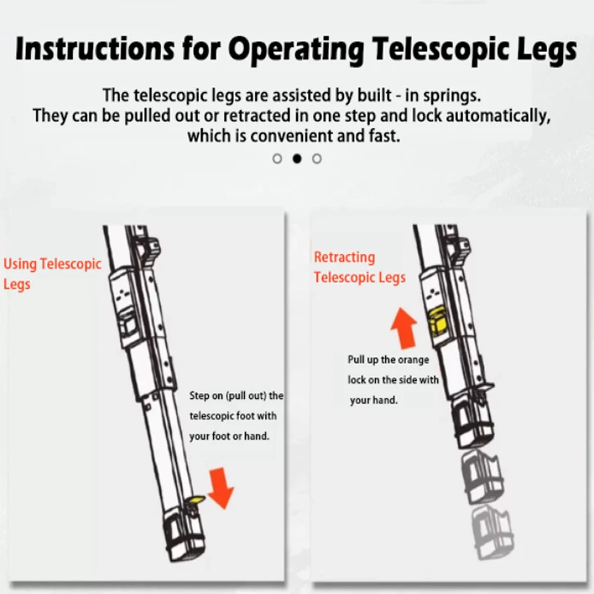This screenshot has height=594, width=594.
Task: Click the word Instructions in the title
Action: [x=95, y=49]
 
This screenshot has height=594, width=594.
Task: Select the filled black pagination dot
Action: [x=297, y=159]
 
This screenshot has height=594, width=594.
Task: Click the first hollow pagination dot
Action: [x=277, y=159]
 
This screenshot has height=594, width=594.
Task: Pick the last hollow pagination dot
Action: [x=317, y=159]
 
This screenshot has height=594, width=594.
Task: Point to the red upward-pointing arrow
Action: [x=404, y=328]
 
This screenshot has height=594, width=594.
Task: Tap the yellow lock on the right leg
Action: [x=437, y=322]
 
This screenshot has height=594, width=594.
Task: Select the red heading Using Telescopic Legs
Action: [x=52, y=273]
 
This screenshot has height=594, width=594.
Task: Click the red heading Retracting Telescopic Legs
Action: [x=359, y=267]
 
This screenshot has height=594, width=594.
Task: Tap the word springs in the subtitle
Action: [x=452, y=96]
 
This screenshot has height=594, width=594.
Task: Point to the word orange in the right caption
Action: [x=414, y=359]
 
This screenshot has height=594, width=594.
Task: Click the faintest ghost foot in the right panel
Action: [x=492, y=533]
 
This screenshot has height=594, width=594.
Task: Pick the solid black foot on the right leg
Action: [x=474, y=425]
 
